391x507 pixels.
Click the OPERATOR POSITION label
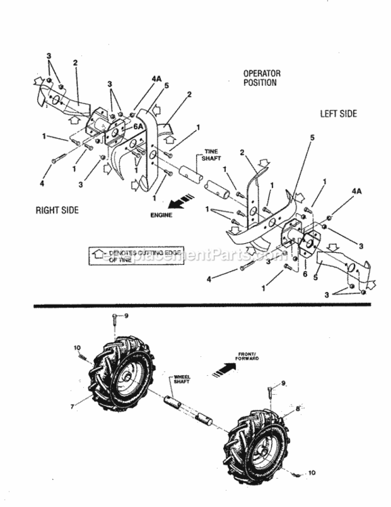point(262,78)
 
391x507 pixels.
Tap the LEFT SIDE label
point(338,114)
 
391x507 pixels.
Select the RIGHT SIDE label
point(57,210)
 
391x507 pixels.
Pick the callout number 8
point(297,408)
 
